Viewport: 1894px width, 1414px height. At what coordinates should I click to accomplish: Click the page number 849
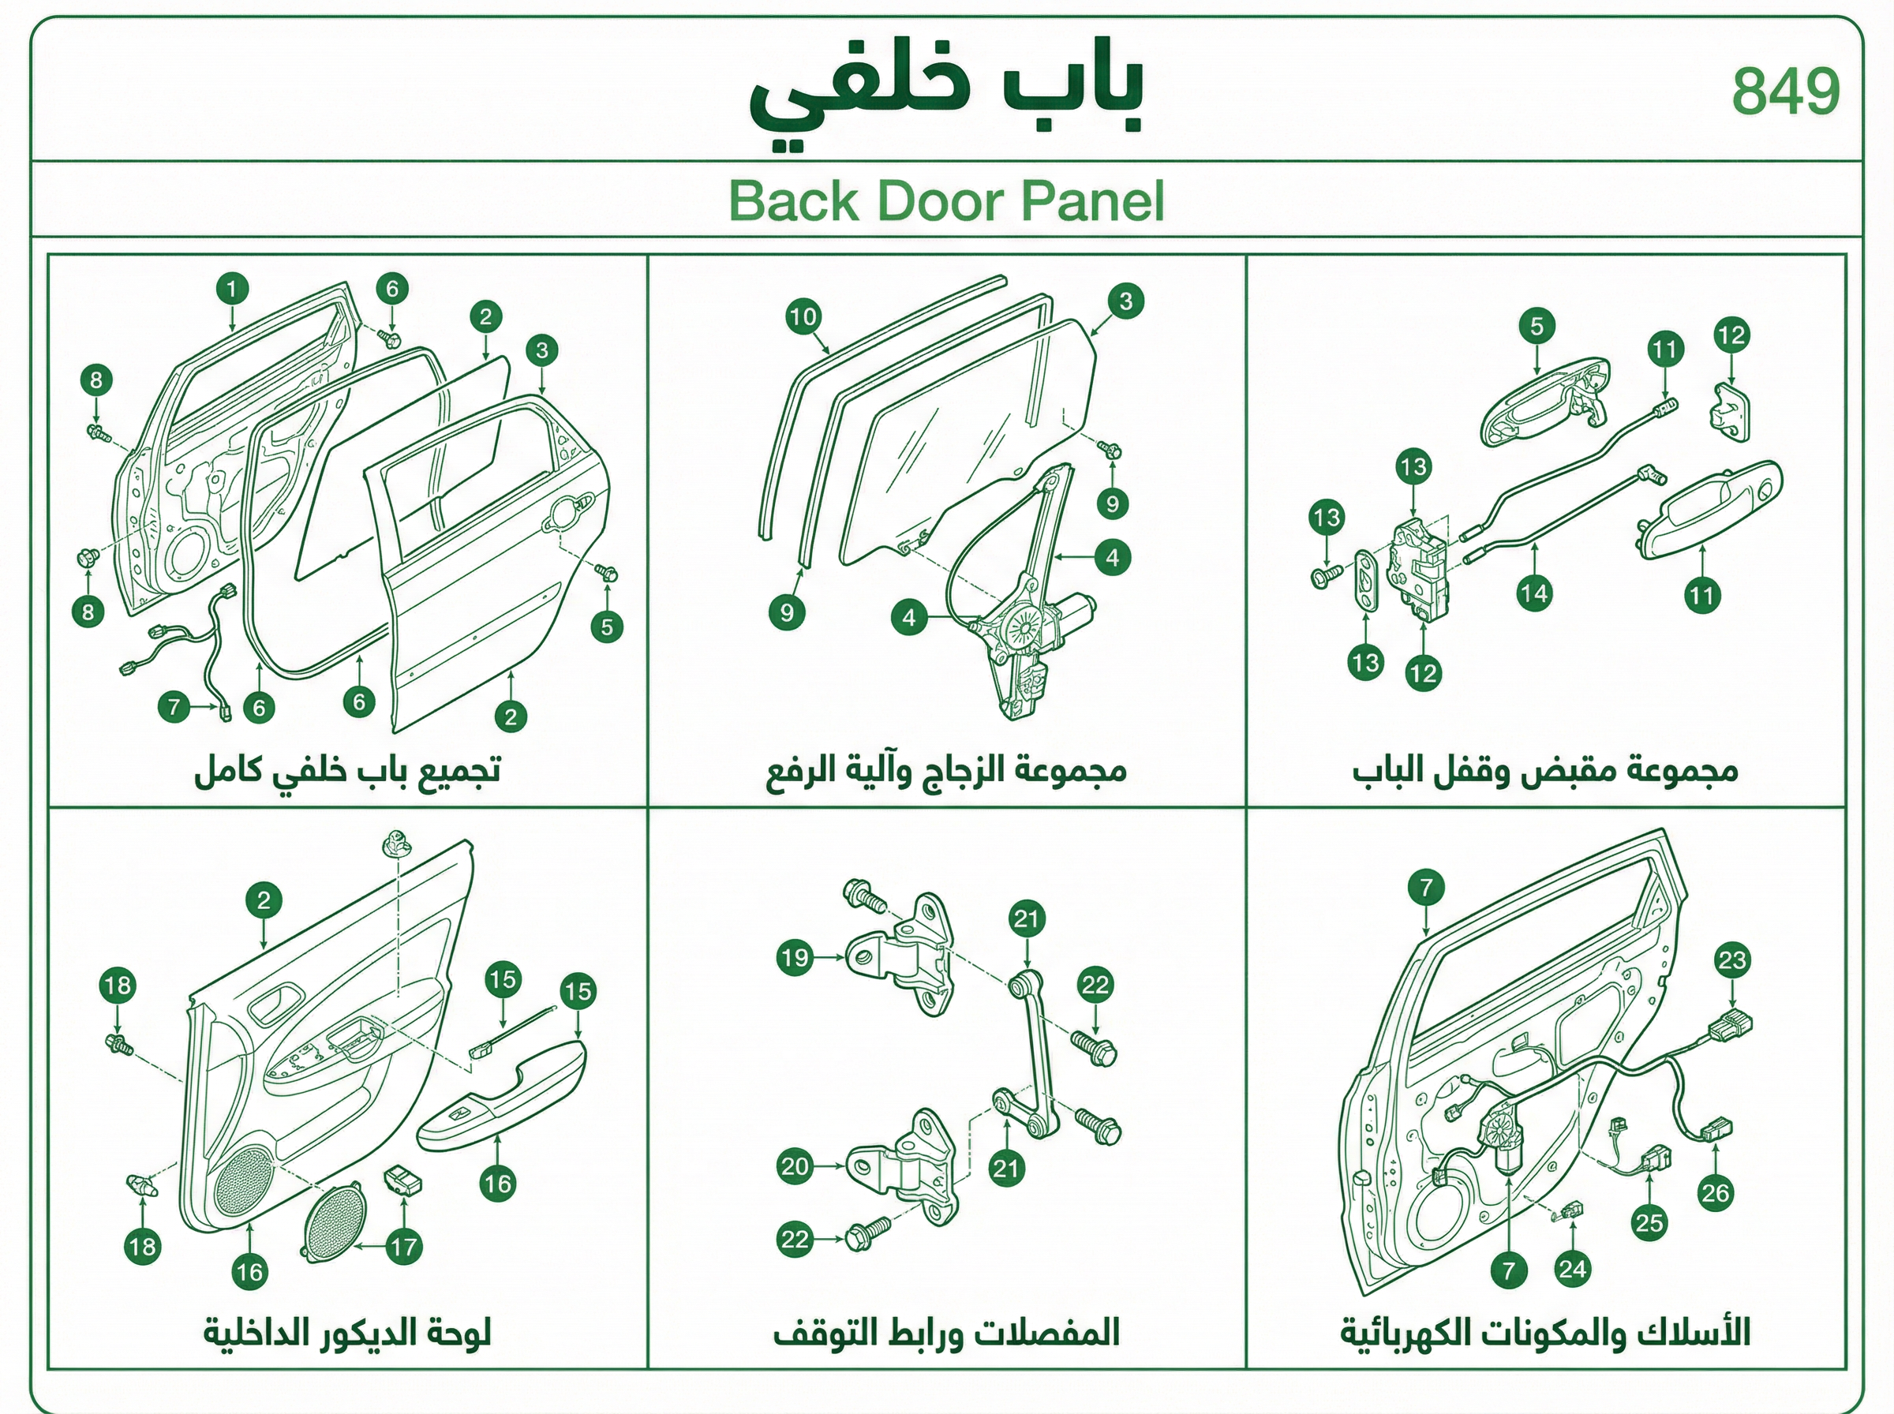click(1785, 92)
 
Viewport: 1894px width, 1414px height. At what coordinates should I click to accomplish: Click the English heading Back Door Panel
click(946, 200)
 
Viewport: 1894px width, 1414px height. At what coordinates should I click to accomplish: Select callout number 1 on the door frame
click(232, 289)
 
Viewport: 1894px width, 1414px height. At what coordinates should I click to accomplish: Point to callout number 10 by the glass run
click(803, 317)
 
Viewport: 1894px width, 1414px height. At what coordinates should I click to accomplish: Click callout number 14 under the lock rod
click(1535, 593)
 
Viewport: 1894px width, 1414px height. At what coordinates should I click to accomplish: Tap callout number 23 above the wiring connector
click(1732, 959)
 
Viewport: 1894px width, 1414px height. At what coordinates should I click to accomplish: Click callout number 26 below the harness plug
click(1715, 1193)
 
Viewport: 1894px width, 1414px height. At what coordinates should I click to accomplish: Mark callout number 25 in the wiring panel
click(1649, 1223)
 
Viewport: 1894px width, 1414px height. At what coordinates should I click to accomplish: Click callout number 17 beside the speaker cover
click(404, 1247)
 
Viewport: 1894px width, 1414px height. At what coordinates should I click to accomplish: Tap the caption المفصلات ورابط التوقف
click(946, 1333)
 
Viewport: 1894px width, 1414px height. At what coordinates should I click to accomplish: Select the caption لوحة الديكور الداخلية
click(347, 1333)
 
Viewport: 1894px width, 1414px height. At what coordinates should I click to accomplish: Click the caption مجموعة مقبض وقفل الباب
click(1546, 770)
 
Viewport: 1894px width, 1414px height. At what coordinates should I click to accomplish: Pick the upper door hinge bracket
click(901, 953)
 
